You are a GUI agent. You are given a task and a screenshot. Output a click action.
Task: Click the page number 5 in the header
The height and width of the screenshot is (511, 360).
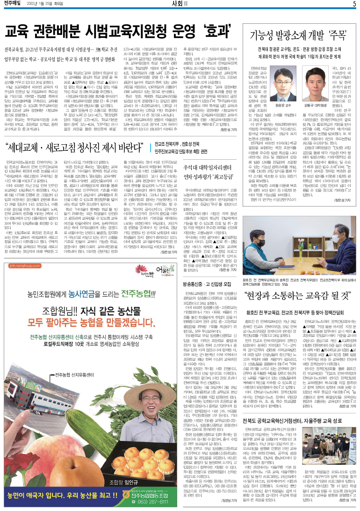[354, 4]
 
